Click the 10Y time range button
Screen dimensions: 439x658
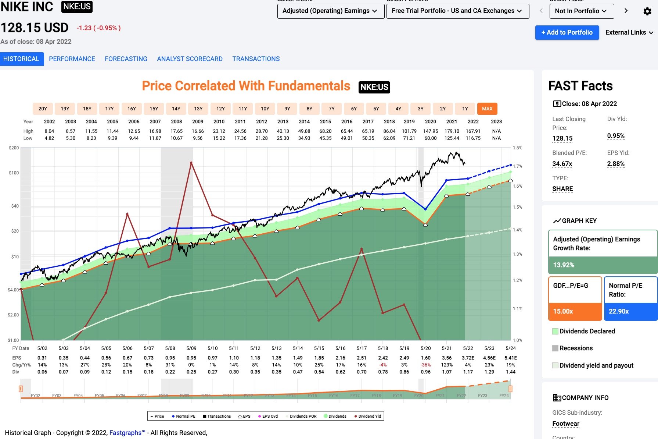point(265,109)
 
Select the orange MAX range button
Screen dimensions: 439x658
point(487,109)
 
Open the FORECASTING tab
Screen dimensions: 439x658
point(126,59)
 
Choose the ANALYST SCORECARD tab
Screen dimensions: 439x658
point(190,59)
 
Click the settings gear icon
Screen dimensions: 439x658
point(647,11)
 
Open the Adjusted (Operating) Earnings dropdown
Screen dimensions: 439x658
point(330,11)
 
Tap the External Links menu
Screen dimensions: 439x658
point(629,32)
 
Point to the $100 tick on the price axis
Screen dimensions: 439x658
point(14,173)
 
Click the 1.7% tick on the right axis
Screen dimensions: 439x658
point(517,166)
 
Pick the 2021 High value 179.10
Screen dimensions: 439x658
point(452,131)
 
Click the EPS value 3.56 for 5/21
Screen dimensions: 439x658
point(447,358)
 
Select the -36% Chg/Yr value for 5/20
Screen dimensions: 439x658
point(425,365)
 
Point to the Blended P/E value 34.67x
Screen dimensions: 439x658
point(562,164)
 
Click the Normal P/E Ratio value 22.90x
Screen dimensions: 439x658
point(619,311)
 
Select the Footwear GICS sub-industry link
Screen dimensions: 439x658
point(566,424)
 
